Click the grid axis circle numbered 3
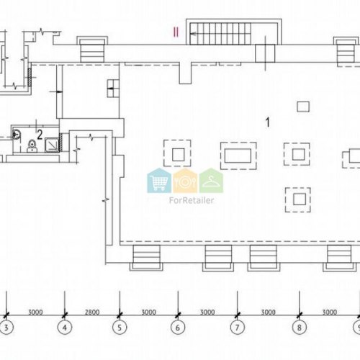coord(6,328)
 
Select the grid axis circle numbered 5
coord(120,328)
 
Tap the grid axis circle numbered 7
coord(238,328)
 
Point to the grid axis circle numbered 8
coord(300,328)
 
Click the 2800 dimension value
coord(92,312)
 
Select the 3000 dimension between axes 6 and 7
coord(207,312)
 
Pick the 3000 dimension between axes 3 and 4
coord(35,312)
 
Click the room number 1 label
coord(268,122)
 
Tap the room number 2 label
coord(40,135)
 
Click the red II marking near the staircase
coord(176,32)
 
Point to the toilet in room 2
coord(32,146)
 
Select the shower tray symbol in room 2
coord(51,145)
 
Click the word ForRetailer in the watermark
coord(192,200)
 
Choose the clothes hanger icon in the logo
coord(211,181)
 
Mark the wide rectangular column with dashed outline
coord(238,156)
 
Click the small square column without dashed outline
coord(303,107)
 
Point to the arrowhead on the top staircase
coord(193,34)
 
